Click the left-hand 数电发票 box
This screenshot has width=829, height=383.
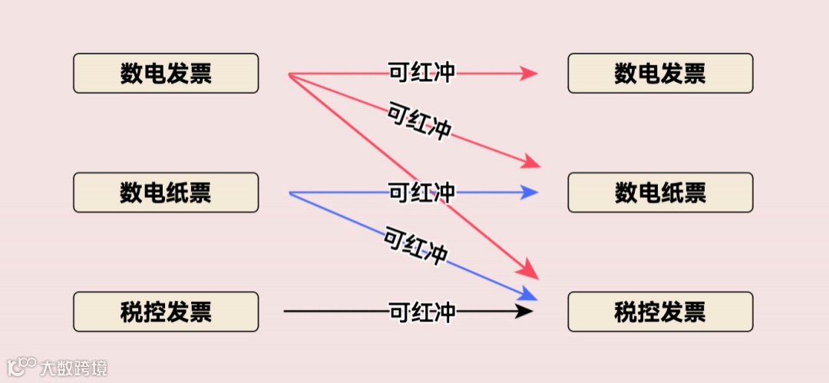166,73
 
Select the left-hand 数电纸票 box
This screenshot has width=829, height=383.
166,192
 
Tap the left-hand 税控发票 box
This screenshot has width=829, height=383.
166,312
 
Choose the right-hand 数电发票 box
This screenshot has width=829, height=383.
660,73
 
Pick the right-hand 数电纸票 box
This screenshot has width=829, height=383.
660,192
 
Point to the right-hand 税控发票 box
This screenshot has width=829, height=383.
660,312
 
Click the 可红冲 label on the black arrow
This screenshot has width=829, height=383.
422,312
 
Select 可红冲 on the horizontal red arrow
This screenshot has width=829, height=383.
422,73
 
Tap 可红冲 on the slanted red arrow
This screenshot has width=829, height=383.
419,122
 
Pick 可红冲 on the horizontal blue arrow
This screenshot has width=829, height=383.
422,192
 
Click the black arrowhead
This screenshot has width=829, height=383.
525,311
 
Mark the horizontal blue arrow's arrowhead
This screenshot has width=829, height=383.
530,192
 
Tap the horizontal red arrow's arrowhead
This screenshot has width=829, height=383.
529,74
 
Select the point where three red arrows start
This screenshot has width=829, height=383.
289,74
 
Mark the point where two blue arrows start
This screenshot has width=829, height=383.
290,193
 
